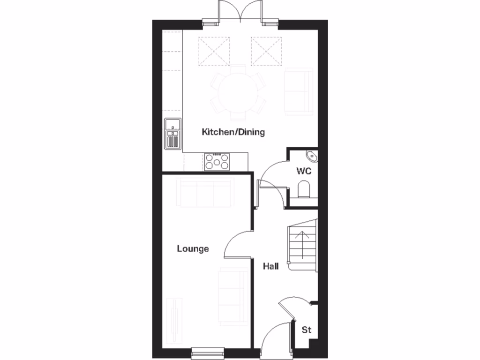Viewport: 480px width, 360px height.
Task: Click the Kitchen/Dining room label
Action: (233, 132)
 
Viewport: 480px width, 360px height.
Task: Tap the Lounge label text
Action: (193, 249)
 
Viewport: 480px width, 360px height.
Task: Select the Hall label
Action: (270, 267)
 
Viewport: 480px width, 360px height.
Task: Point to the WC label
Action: (304, 171)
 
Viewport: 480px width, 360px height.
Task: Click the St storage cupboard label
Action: (306, 330)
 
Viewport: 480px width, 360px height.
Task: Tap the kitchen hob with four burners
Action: (217, 162)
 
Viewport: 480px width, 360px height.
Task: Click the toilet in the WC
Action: (304, 190)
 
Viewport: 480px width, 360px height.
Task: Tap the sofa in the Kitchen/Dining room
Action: (298, 91)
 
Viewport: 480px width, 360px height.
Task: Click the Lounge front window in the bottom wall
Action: (208, 349)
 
